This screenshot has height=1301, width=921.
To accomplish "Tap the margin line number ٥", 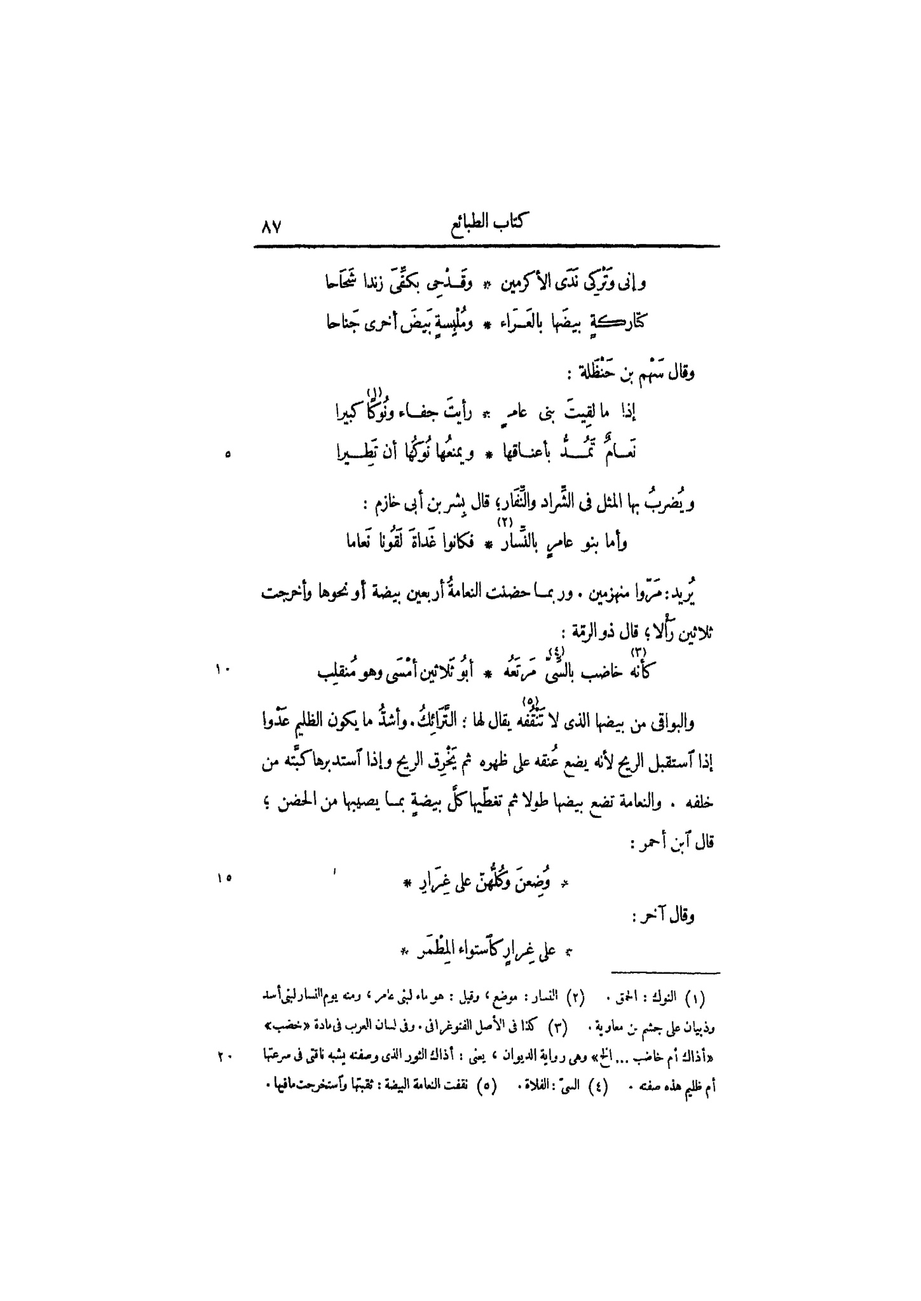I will (x=228, y=454).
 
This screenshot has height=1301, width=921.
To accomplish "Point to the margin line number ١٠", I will (x=224, y=669).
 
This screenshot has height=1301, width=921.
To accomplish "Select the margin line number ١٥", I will (x=224, y=878).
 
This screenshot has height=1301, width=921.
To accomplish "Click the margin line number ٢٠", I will (x=224, y=1057).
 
